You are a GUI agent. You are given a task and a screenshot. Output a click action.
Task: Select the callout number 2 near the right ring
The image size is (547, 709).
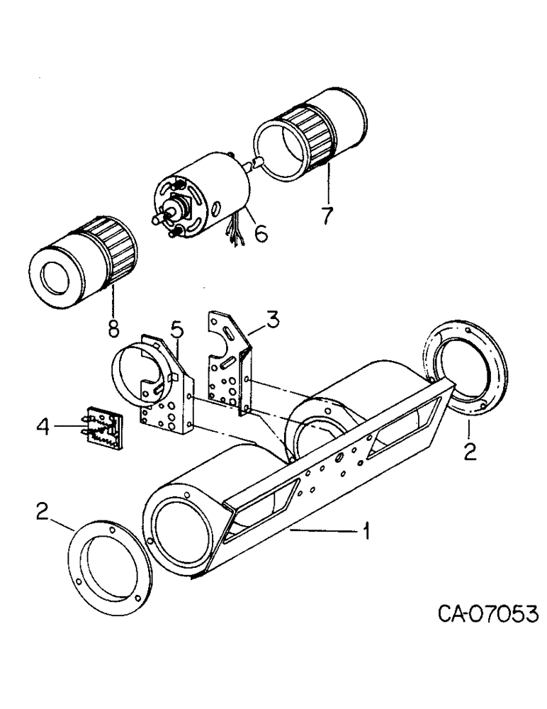point(468,452)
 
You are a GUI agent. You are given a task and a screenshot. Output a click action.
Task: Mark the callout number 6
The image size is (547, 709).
point(327,213)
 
